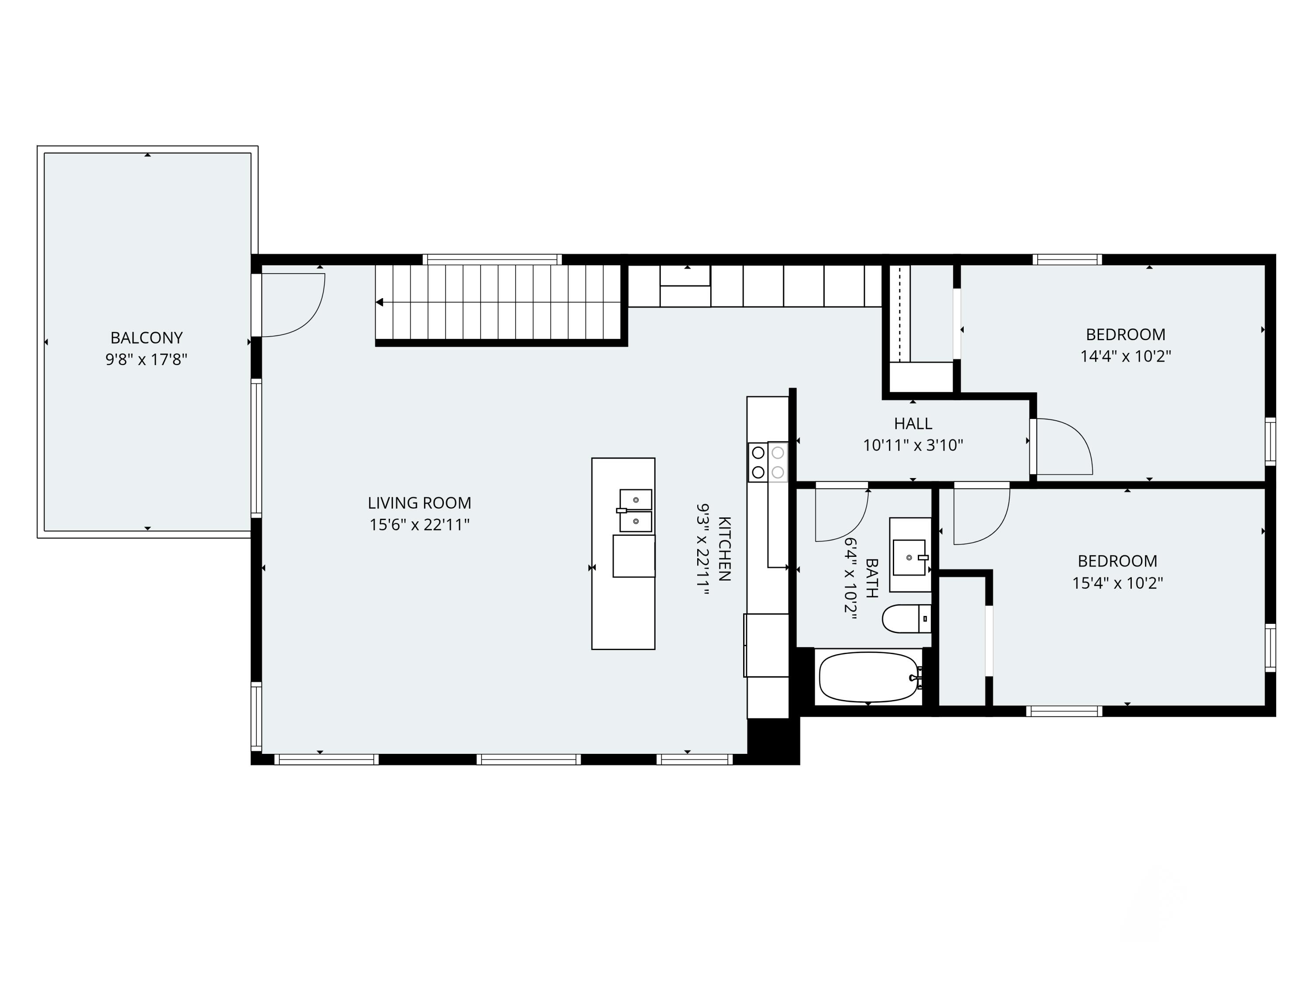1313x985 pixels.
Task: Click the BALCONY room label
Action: pos(146,338)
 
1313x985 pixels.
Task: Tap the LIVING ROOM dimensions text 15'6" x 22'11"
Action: pos(420,525)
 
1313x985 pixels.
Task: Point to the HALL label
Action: pos(913,423)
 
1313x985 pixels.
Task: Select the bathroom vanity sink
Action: pos(910,557)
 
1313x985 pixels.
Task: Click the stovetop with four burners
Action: pos(768,462)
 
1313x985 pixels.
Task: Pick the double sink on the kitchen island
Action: pos(635,510)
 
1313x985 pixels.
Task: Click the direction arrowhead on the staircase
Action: pos(380,302)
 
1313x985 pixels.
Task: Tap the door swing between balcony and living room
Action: pos(293,305)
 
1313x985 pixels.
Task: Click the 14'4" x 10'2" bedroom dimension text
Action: pos(1125,356)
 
